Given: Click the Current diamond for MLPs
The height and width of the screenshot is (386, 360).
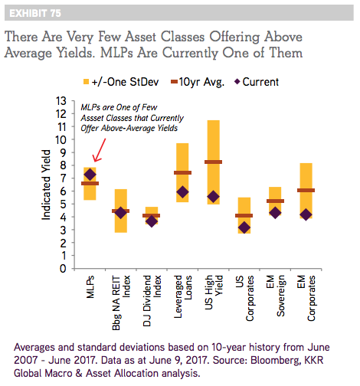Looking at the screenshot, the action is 90,175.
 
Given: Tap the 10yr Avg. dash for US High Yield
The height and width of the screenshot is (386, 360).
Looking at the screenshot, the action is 213,162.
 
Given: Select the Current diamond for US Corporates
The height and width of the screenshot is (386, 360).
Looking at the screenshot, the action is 244,227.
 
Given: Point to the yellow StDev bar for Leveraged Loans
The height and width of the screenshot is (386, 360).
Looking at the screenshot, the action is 182,172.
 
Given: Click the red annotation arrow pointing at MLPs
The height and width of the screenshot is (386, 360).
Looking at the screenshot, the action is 99,150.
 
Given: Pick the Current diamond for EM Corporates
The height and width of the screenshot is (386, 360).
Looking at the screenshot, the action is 306,214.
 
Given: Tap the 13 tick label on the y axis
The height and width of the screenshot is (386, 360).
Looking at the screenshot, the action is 61,101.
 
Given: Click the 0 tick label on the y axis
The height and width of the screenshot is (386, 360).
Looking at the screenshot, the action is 63,269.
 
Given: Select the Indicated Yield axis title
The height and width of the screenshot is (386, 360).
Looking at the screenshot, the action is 46,185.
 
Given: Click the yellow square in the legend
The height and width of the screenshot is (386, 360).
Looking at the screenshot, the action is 86,82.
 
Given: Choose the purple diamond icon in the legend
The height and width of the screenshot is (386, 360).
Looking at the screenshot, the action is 237,82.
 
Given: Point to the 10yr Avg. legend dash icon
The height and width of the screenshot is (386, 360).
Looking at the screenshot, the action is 174,82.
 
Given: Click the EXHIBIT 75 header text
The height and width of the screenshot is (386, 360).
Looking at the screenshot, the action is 35,13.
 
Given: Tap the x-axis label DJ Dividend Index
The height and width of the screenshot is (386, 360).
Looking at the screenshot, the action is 152,301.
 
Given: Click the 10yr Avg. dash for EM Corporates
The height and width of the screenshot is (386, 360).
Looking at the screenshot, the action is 306,190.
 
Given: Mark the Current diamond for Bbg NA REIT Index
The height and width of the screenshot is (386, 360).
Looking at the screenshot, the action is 121,212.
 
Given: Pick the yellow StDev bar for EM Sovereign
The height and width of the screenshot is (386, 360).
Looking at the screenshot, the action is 275,201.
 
